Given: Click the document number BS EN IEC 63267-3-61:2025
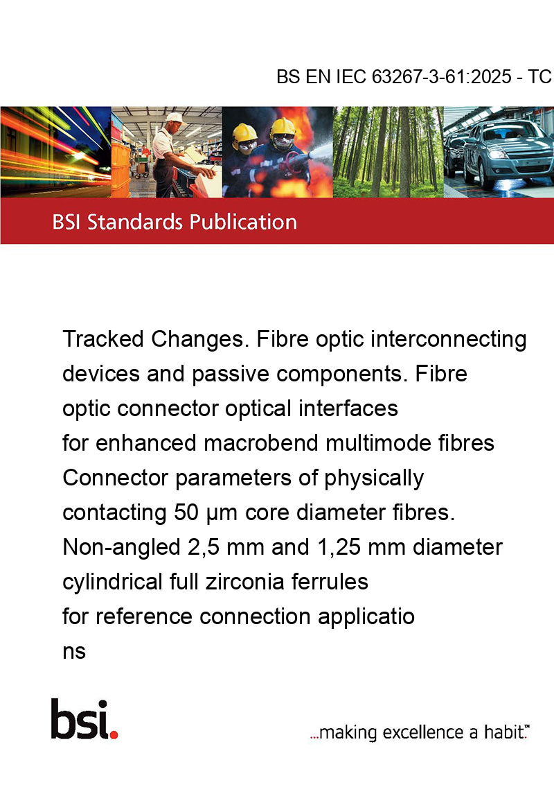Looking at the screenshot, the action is point(394,76).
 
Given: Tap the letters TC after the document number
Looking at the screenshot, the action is point(540,76).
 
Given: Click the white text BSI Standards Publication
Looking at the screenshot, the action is point(175,222).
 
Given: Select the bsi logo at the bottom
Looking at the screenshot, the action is point(84,719).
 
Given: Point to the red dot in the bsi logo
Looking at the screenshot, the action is point(114,734).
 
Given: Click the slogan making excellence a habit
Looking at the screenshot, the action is point(420,732).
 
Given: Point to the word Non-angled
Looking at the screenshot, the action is point(121,547).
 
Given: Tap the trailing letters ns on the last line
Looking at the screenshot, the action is point(74,652).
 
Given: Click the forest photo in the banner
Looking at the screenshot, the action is point(388,152).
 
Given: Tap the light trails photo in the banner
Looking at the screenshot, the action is point(55,152).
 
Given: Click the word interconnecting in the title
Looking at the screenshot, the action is point(449,339).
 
